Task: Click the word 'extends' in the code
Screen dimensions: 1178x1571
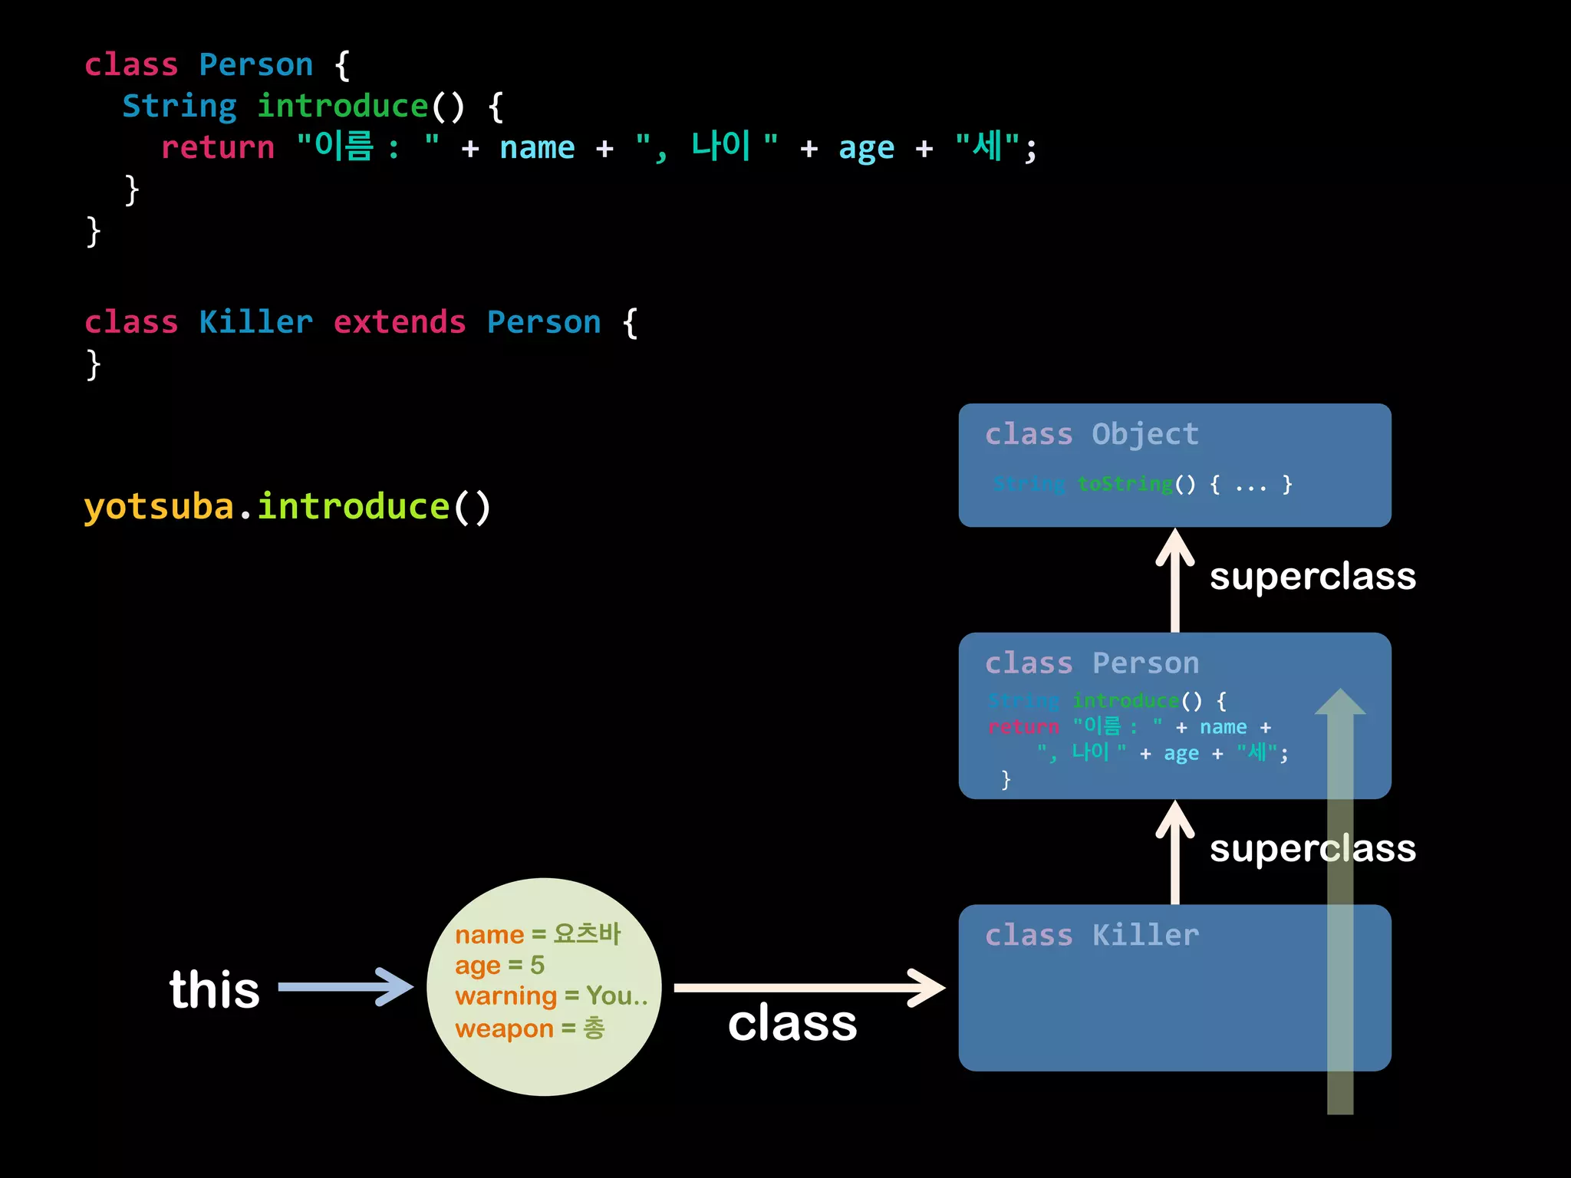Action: click(x=400, y=323)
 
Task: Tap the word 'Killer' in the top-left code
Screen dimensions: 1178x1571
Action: click(x=255, y=323)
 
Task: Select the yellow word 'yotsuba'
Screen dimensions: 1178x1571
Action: click(x=159, y=507)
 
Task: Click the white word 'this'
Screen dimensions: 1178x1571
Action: click(x=215, y=989)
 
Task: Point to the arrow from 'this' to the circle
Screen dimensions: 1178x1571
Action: click(x=345, y=987)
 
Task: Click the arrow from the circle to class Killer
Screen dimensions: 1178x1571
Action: click(x=809, y=988)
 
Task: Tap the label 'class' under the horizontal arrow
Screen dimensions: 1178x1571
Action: click(x=792, y=1023)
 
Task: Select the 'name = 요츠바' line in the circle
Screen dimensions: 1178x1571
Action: click(x=538, y=934)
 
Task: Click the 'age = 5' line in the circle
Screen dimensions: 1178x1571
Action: click(x=499, y=965)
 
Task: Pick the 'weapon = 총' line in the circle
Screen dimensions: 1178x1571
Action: click(x=529, y=1028)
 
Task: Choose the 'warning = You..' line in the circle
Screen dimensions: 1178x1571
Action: click(x=551, y=996)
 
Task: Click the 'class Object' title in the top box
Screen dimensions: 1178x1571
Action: click(x=1092, y=434)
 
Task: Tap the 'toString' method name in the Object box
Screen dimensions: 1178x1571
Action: click(x=1125, y=484)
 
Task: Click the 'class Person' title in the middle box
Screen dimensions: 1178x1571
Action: click(x=1092, y=663)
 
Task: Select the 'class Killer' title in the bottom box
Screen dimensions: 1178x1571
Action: click(x=1092, y=936)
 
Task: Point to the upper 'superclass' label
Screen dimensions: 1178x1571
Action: click(x=1312, y=576)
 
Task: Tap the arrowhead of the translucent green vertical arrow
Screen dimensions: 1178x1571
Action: click(x=1340, y=703)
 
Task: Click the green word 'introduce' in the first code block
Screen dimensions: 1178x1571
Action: click(x=342, y=107)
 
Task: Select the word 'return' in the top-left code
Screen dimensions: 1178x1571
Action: click(x=218, y=147)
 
